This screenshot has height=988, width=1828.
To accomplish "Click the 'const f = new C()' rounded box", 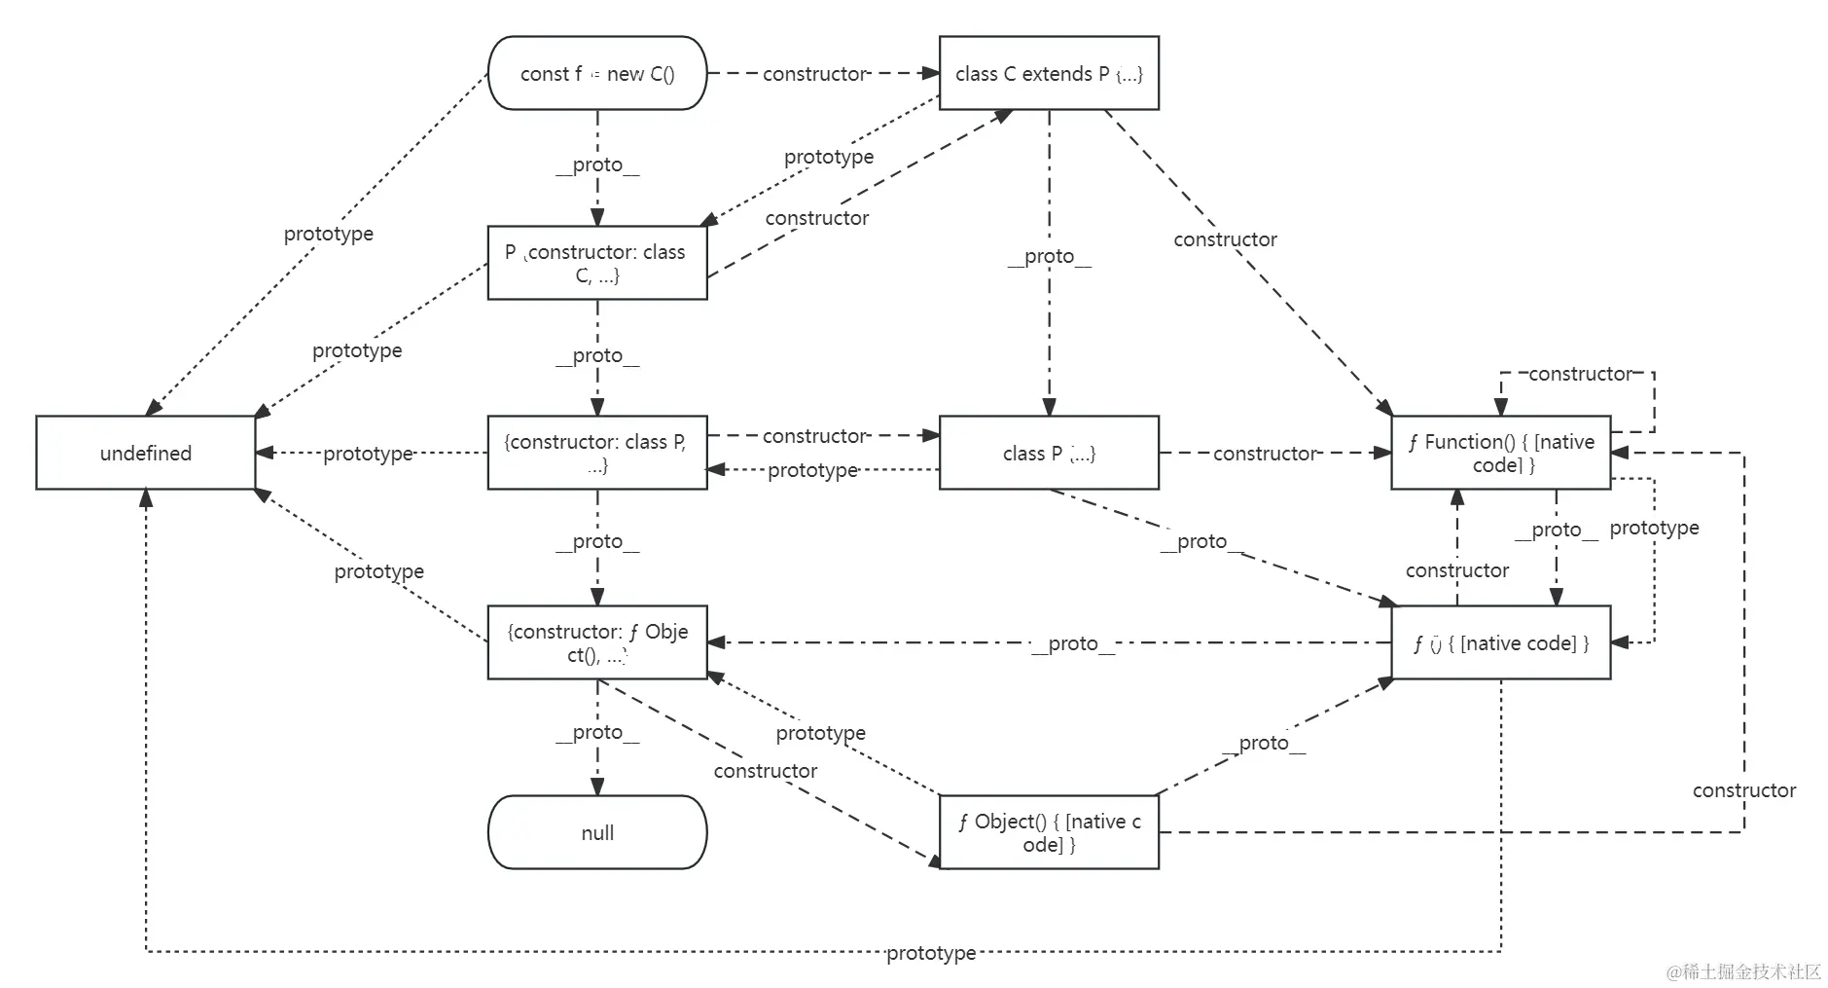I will [596, 73].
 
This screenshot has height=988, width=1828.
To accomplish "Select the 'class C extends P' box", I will [1048, 73].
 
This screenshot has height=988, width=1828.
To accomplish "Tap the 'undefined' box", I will [145, 453].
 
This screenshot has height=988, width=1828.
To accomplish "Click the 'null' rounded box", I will [596, 832].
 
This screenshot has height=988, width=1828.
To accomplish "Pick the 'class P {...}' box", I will [1048, 453].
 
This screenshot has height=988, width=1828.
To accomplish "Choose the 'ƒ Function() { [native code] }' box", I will [1500, 453].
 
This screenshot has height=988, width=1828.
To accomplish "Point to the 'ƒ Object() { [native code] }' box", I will [1048, 832].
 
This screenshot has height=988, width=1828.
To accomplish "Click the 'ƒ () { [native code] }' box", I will [1500, 642].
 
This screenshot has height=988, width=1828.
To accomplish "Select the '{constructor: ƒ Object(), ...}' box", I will [596, 642].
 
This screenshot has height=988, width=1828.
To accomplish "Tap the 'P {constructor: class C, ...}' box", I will [596, 263].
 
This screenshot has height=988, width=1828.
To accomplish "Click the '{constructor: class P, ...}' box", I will [596, 453].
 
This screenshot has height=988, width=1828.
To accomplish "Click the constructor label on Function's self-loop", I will [1579, 374].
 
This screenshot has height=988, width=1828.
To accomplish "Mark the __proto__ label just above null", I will [596, 732].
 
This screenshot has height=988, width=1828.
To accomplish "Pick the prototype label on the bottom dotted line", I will [930, 953].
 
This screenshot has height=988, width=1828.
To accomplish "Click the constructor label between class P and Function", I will [1264, 453].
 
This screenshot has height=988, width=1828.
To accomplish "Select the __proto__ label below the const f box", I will [596, 165].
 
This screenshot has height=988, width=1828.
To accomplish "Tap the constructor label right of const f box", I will [813, 73].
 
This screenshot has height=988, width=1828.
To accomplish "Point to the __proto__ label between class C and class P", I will [1048, 256].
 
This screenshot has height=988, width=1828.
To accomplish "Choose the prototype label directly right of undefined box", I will [368, 454].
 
